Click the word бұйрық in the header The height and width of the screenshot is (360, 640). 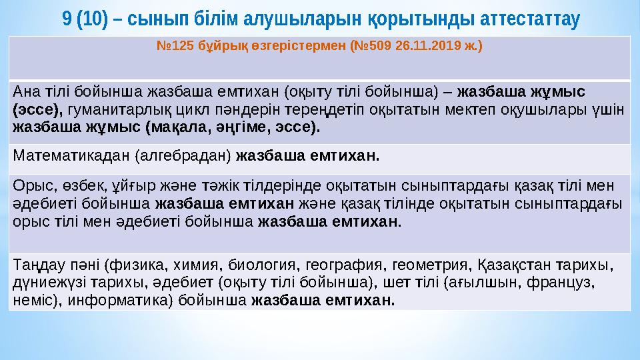[225, 47]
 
